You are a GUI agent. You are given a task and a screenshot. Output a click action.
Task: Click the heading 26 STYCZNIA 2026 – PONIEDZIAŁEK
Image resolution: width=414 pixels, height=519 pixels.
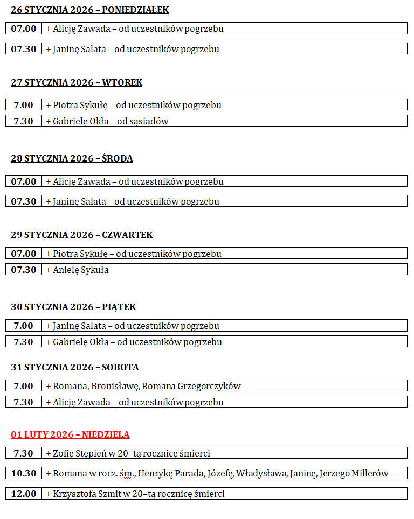click(x=89, y=10)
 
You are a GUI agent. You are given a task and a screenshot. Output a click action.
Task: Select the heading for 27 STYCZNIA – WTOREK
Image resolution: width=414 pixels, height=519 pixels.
click(x=77, y=83)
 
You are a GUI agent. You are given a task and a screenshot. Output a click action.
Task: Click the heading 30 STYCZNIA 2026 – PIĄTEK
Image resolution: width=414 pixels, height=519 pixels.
click(x=73, y=307)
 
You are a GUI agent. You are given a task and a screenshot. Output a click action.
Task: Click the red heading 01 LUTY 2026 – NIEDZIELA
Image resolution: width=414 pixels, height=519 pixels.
click(x=70, y=435)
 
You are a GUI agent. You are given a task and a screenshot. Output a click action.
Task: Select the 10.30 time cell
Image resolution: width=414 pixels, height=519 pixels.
click(x=24, y=474)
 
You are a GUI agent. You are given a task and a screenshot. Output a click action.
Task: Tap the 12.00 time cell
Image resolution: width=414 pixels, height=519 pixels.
click(x=24, y=494)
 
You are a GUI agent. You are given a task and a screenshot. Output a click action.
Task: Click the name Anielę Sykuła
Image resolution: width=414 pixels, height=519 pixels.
click(x=80, y=270)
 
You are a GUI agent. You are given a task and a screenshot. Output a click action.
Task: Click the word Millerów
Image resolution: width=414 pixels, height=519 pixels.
click(x=370, y=474)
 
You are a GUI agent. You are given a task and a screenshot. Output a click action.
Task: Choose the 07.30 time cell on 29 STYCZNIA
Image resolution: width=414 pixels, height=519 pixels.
click(x=24, y=270)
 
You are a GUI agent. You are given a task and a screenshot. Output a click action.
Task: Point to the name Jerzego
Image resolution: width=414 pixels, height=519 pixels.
click(x=334, y=474)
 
